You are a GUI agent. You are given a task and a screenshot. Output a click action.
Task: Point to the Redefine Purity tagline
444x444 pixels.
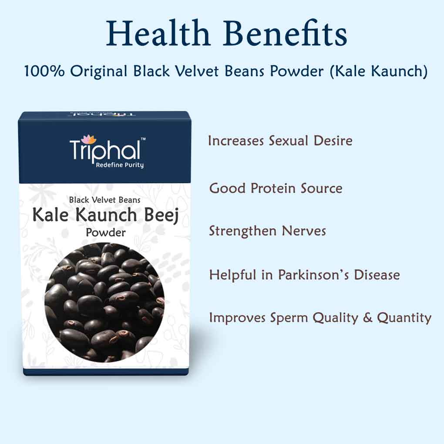point(120,165)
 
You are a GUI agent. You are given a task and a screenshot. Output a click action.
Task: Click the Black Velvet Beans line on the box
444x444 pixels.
point(104,200)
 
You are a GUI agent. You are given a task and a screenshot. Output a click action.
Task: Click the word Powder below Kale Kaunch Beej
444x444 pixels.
point(105,232)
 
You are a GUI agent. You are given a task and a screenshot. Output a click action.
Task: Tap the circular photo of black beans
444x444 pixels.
point(104,300)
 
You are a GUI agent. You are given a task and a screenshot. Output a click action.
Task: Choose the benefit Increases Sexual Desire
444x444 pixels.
point(280,141)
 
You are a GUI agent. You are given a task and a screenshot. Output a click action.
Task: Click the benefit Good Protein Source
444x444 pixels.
point(276,188)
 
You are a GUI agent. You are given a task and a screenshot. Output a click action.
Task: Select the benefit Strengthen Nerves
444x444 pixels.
point(267,230)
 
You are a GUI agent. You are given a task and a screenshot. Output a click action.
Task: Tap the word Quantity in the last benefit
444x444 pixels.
point(404,318)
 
